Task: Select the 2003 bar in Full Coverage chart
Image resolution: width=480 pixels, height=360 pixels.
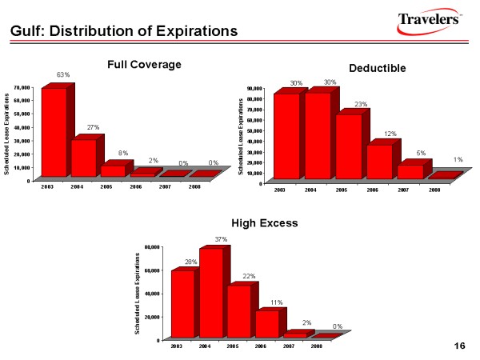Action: tap(54, 132)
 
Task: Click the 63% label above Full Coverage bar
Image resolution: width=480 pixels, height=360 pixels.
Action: tap(63, 74)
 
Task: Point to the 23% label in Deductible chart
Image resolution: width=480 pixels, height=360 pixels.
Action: tap(361, 104)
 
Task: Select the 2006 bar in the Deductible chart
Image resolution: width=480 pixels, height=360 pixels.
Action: tap(379, 162)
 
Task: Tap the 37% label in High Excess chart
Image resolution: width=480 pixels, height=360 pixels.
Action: tap(221, 239)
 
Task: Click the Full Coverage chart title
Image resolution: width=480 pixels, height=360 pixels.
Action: tap(145, 63)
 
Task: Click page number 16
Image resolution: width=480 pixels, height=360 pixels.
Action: tap(459, 345)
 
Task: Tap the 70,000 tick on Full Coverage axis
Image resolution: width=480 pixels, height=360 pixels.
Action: tap(22, 86)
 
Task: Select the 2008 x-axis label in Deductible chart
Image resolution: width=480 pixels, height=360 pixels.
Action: tap(434, 190)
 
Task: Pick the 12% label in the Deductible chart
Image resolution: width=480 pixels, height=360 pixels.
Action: tap(390, 134)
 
